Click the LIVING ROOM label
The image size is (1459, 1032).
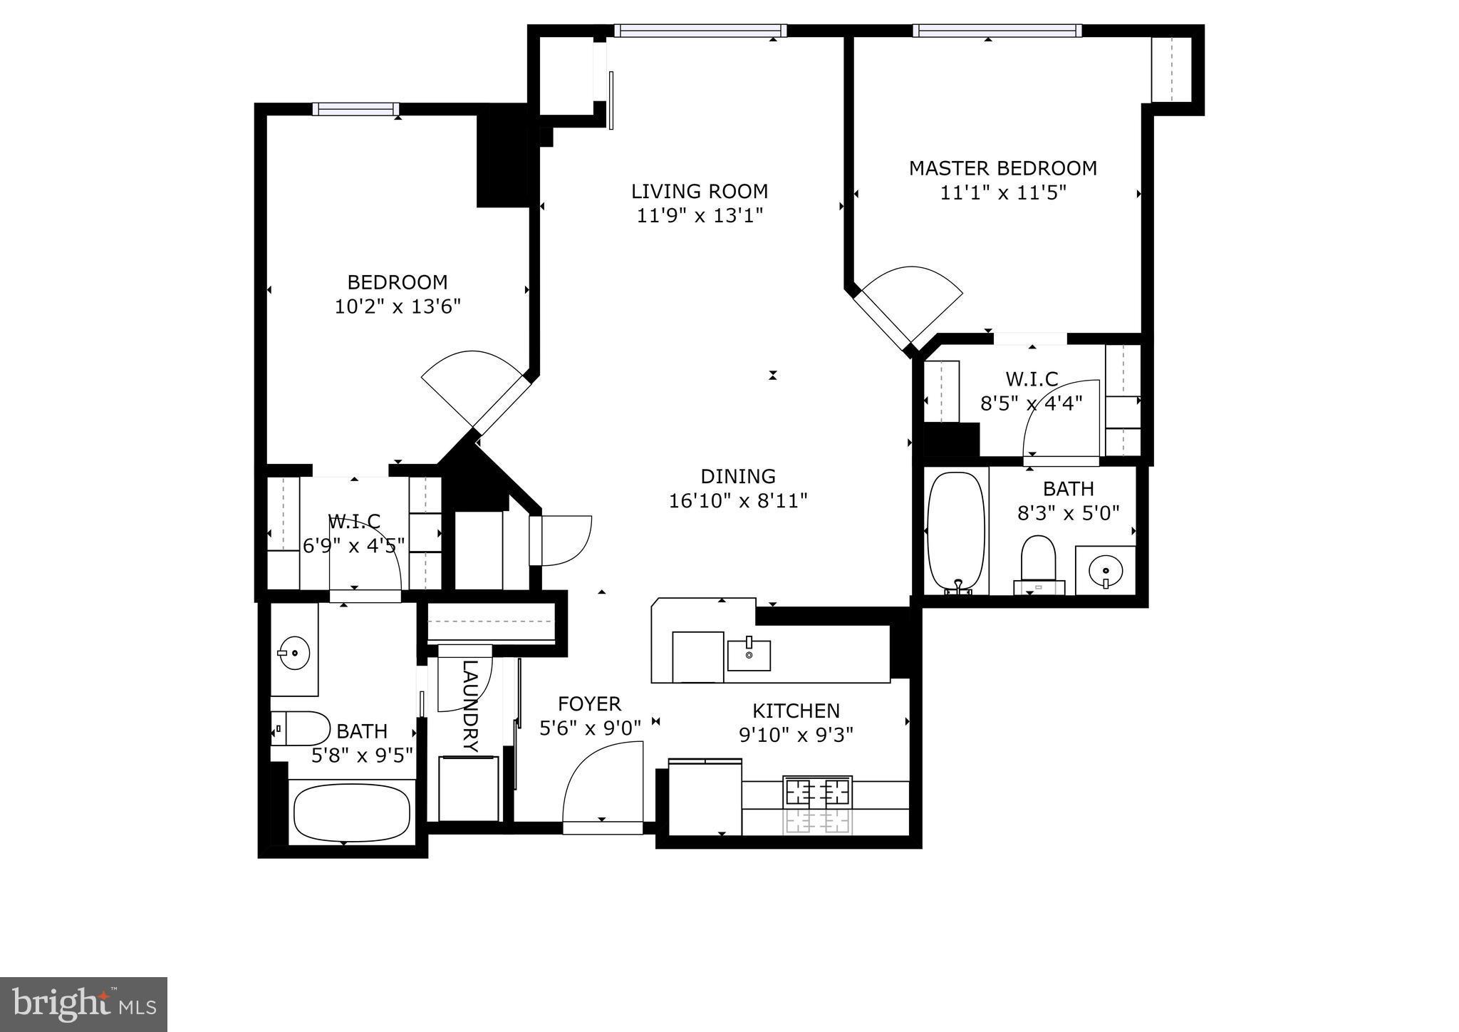pos(700,191)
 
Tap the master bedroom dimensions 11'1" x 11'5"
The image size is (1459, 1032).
pos(1002,193)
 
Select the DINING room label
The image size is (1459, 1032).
pos(737,476)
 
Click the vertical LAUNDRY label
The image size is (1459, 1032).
pos(469,706)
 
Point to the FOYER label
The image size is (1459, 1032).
pos(589,704)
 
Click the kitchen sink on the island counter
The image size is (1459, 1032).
pos(748,654)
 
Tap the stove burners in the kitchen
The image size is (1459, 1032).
pos(817,792)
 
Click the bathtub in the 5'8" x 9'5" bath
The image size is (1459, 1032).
pos(351,812)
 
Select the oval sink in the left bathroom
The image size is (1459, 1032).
pos(293,653)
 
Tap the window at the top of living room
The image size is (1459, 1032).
pos(700,31)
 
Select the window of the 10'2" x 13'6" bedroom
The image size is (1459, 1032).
pos(355,109)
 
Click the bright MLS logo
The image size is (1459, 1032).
pos(83,1005)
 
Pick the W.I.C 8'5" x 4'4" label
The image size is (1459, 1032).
pos(1031,390)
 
